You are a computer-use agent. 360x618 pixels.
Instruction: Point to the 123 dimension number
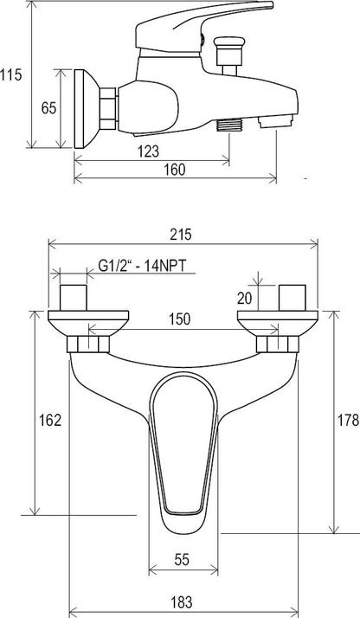coord(150,151)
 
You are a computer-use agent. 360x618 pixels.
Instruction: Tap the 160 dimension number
coord(175,170)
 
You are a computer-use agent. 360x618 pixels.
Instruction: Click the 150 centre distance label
coord(181,319)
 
